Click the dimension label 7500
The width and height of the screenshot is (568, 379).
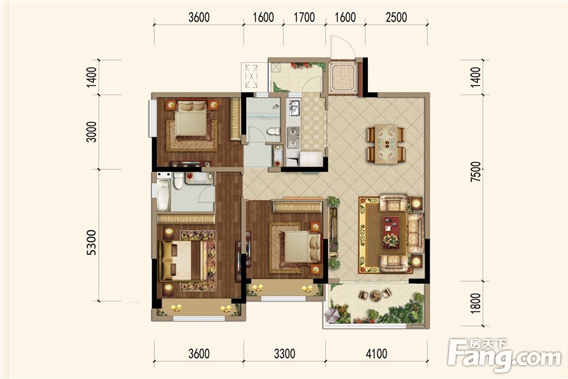(476, 172)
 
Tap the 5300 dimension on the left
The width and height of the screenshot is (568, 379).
(92, 243)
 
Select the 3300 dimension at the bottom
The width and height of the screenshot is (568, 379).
(285, 353)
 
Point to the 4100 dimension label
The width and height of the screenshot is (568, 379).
(376, 353)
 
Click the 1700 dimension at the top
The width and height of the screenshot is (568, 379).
(304, 17)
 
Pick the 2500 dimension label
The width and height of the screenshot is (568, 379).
(396, 17)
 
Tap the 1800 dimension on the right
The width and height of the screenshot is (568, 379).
(476, 303)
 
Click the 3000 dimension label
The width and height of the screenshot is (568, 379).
(92, 131)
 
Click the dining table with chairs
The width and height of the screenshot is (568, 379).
(386, 144)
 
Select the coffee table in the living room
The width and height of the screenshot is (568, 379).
(391, 232)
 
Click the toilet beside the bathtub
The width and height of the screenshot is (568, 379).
(178, 181)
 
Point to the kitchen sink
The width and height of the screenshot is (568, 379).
(294, 108)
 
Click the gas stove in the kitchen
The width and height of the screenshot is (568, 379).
(293, 137)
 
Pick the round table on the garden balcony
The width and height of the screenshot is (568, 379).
(376, 295)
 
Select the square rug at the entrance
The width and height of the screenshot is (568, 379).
(343, 78)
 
